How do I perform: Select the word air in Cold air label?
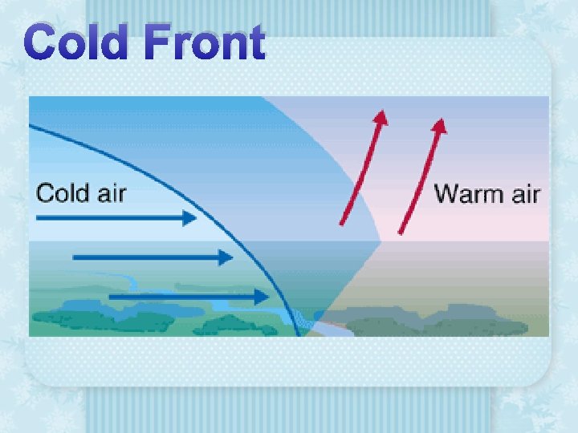109,193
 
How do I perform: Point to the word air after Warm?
523,194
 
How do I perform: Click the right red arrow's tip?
441,123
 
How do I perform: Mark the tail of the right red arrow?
401,233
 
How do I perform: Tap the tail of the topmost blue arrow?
38,217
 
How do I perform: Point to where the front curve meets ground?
298,334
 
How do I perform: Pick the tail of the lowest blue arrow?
110,297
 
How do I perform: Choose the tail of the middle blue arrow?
74,257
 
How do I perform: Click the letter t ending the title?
254,43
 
